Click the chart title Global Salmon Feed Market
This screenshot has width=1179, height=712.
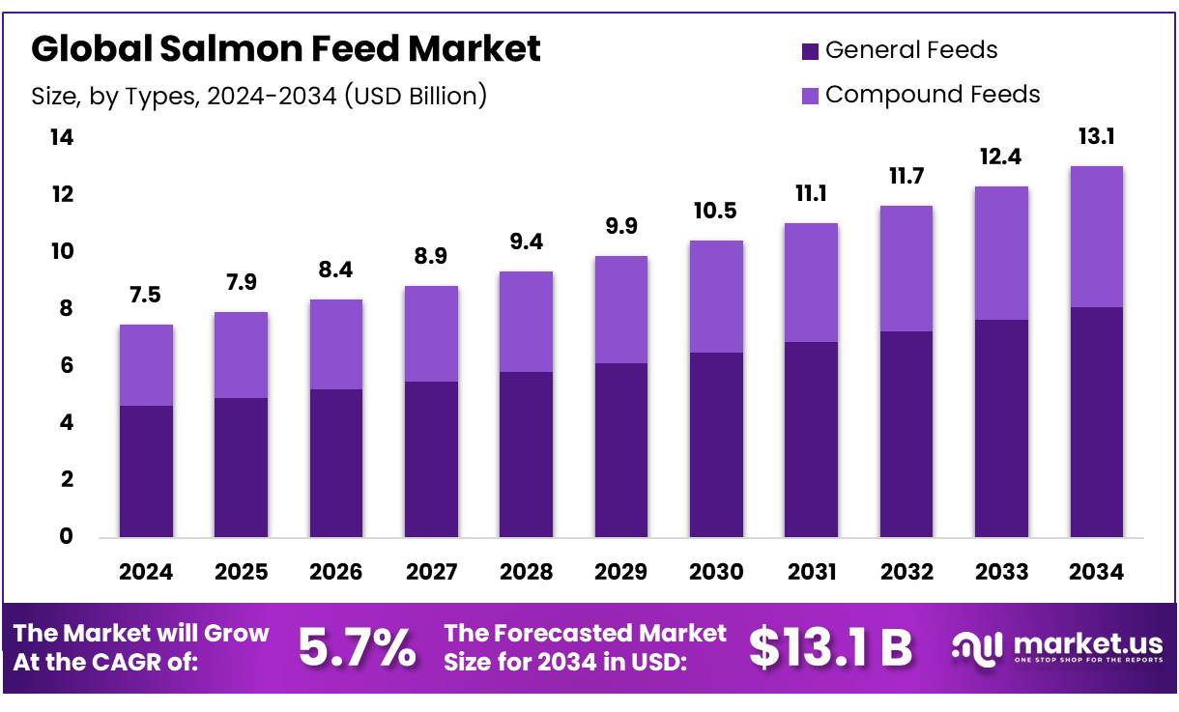(286, 48)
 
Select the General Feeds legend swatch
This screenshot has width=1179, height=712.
(810, 50)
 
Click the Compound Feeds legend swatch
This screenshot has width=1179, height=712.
(810, 95)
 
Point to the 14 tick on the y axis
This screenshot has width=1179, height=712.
(61, 138)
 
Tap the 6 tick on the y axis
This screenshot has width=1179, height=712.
(66, 366)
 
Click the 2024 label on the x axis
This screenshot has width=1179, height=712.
(146, 572)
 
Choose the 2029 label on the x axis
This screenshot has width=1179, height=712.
(621, 572)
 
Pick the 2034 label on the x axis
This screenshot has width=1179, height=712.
(1097, 572)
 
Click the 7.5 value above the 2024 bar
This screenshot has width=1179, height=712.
(146, 296)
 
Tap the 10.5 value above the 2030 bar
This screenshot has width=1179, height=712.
(716, 212)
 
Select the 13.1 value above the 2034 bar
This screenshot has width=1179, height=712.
(1097, 137)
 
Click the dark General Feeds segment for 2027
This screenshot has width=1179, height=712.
(431, 459)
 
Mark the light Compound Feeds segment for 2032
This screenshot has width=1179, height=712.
(906, 269)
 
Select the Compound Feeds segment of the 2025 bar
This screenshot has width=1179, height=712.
(241, 355)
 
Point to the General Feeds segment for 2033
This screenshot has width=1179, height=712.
(1001, 428)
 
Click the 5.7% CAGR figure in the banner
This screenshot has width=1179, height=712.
(358, 648)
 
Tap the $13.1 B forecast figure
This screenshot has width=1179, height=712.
(830, 648)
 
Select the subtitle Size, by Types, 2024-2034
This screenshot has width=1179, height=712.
(259, 96)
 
